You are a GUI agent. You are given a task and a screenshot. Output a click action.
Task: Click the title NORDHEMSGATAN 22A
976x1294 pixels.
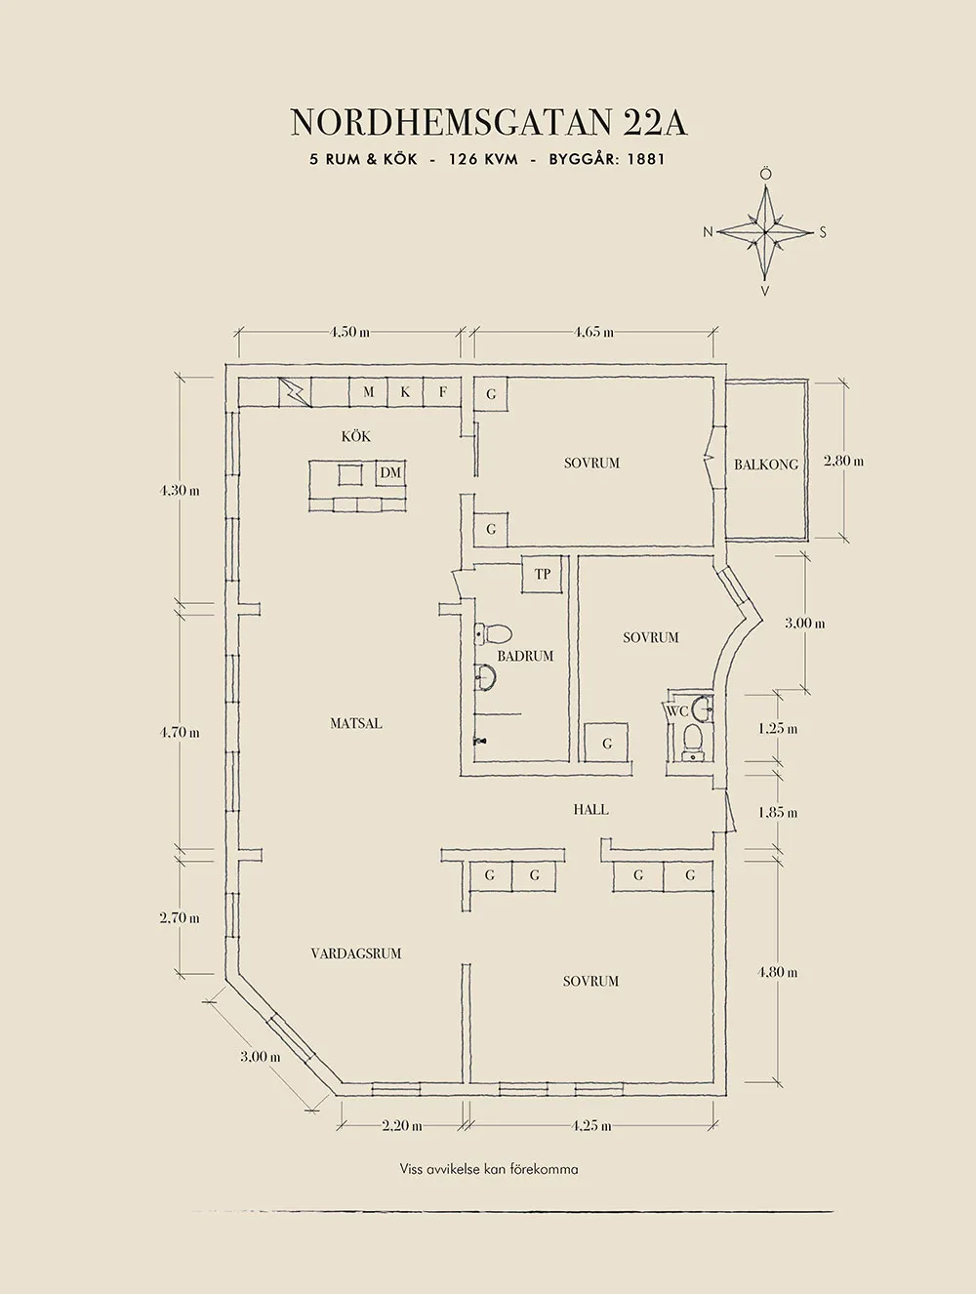[x=488, y=123]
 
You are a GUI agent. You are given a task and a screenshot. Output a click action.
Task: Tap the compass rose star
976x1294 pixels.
[x=766, y=232]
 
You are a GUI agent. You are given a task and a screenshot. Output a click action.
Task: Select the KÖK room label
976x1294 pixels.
[x=356, y=436]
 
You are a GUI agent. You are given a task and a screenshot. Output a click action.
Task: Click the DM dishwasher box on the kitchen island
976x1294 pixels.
[x=390, y=473]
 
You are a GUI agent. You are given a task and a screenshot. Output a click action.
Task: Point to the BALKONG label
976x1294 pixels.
[x=766, y=465]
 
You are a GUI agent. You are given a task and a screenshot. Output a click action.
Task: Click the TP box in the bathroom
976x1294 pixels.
[x=543, y=574]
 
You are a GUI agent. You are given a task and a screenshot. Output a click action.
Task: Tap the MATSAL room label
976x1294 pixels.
[x=356, y=723]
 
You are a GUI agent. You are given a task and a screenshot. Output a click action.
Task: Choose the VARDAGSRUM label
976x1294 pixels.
[x=356, y=953]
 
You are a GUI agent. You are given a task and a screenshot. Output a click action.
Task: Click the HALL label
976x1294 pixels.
[x=591, y=809]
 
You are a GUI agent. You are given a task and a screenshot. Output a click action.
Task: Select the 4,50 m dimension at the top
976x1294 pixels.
[x=349, y=332]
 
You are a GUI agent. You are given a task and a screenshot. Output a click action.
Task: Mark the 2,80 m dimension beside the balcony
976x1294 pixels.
[x=843, y=461]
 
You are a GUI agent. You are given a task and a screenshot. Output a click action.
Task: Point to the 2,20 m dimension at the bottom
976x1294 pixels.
[x=402, y=1125]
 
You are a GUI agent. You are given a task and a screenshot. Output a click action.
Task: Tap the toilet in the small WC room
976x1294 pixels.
[x=693, y=739]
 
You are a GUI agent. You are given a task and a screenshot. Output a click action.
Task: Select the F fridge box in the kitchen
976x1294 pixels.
[x=443, y=392]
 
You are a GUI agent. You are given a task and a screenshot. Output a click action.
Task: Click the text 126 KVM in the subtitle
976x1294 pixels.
[x=483, y=159]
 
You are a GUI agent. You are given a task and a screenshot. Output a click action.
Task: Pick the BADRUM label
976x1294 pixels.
[x=525, y=656]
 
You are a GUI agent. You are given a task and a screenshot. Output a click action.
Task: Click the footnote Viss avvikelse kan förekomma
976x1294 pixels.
[x=488, y=1168]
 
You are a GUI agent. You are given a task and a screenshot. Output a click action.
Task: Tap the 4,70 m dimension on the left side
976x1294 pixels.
[x=181, y=732]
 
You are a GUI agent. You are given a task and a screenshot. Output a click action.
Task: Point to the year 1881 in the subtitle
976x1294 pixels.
[x=645, y=159]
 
